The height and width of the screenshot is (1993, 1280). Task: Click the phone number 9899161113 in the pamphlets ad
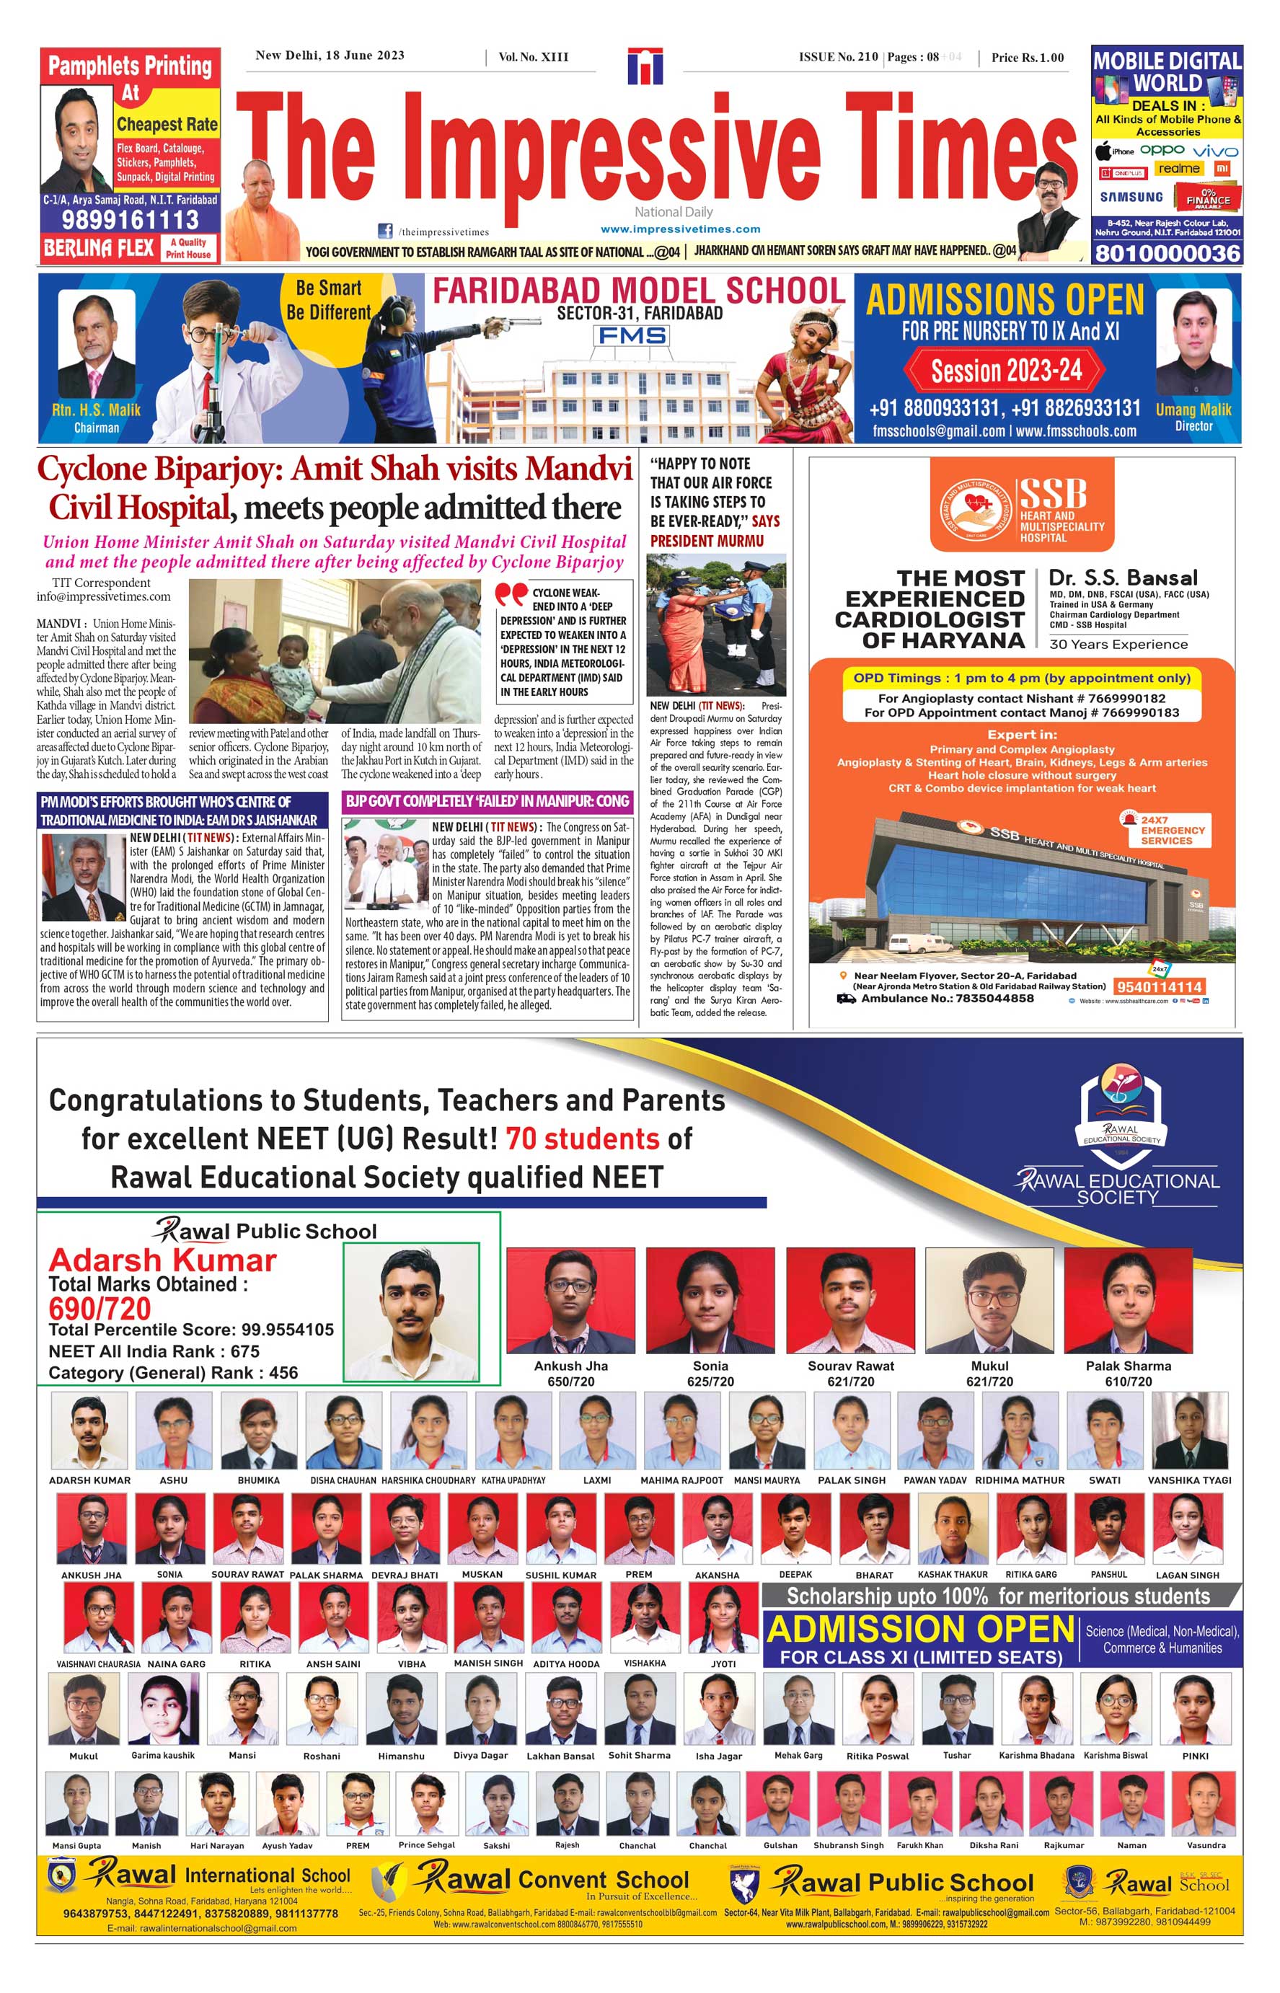[130, 219]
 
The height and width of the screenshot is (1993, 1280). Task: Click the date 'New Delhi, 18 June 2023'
[330, 56]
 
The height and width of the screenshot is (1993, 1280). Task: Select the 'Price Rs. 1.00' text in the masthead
[1028, 58]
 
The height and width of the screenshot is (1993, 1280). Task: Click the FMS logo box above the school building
[630, 336]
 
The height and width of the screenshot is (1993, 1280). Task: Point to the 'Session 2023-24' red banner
[1006, 371]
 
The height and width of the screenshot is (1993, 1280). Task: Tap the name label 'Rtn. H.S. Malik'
[97, 410]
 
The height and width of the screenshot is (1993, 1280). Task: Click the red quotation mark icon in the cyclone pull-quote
[511, 594]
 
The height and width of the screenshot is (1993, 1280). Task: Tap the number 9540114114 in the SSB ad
[1159, 986]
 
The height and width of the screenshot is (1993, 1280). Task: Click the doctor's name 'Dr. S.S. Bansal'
[1123, 578]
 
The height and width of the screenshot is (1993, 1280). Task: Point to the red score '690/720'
[100, 1309]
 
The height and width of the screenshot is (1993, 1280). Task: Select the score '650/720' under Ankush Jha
[570, 1382]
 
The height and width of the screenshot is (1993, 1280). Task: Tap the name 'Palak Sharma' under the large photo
[1128, 1366]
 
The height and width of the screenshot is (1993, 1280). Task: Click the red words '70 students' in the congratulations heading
[582, 1138]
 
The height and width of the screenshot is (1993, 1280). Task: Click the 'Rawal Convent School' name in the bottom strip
[552, 1879]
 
